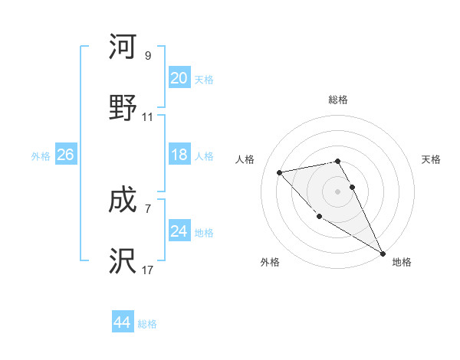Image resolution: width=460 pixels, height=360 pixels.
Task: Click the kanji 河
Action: (123, 47)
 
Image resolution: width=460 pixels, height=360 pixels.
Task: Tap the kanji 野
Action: (123, 106)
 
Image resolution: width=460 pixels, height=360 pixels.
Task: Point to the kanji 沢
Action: (123, 261)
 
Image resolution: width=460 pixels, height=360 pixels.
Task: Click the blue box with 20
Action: (179, 78)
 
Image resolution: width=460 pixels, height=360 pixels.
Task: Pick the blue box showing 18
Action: (179, 155)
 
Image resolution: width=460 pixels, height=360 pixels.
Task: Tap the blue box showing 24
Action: (179, 231)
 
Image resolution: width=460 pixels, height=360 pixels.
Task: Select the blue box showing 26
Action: (65, 155)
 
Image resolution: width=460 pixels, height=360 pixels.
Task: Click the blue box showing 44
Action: (122, 322)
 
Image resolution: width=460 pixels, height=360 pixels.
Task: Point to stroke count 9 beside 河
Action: (148, 56)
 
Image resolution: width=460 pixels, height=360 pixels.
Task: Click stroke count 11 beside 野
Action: (148, 117)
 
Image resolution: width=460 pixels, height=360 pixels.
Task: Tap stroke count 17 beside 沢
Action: (148, 270)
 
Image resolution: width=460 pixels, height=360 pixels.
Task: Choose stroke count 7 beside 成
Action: (148, 208)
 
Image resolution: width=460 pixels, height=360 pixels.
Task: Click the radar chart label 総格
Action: (338, 100)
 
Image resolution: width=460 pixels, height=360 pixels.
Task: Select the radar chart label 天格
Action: (431, 159)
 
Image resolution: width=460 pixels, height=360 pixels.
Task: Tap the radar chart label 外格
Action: (270, 262)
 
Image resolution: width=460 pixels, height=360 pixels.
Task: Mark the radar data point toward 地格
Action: (383, 253)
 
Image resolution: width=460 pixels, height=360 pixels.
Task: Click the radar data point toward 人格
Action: (280, 172)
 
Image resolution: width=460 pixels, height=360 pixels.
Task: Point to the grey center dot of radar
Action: (337, 191)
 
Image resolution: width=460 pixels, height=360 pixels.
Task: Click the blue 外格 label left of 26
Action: (41, 155)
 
